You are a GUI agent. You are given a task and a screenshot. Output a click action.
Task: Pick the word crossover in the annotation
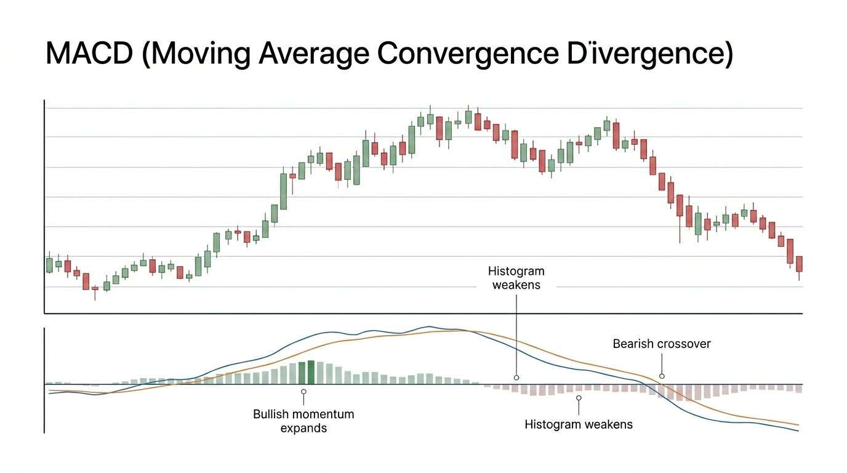[683, 344]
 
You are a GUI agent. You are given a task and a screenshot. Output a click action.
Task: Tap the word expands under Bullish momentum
[303, 427]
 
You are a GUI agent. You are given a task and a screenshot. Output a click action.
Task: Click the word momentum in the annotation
[324, 414]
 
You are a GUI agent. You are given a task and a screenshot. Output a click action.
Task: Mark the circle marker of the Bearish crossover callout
[662, 376]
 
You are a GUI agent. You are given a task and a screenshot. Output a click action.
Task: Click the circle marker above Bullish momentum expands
[303, 391]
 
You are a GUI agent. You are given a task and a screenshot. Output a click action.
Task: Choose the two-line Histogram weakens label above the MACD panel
[516, 278]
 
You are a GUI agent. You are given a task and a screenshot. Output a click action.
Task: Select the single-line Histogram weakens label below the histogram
[579, 424]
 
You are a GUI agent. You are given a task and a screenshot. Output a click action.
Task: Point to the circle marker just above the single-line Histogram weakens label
[579, 398]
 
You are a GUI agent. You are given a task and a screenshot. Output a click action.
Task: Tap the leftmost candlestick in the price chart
[49, 265]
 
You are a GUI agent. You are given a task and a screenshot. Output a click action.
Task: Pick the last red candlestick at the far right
[799, 264]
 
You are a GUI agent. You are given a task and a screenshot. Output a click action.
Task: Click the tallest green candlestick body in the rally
[283, 192]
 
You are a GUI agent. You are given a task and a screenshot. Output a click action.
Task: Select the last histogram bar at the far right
[799, 389]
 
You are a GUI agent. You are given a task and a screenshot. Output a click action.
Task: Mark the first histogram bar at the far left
[49, 382]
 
